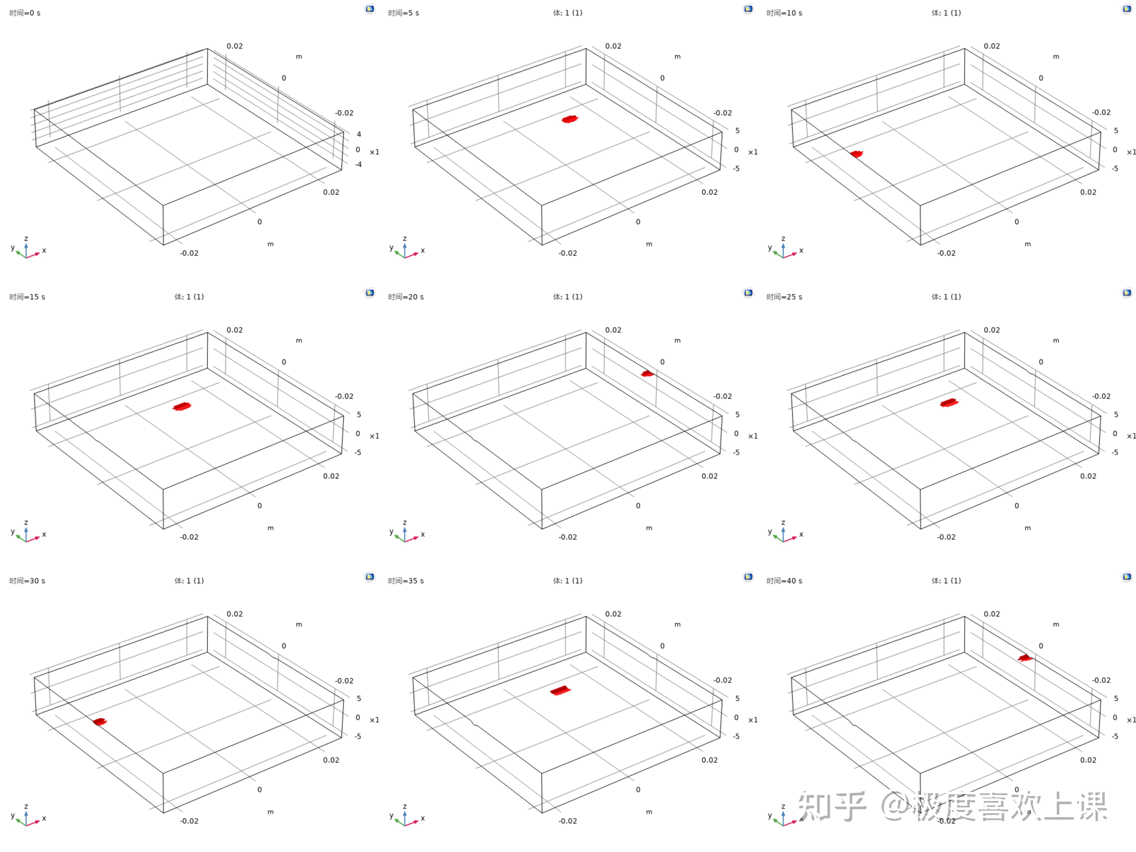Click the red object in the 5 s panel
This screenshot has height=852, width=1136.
[570, 119]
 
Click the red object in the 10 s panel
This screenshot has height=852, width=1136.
[856, 154]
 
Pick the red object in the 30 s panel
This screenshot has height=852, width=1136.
[100, 722]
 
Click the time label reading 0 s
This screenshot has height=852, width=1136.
[25, 13]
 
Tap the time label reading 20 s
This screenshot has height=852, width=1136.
[406, 297]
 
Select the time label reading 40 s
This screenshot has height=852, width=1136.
[784, 581]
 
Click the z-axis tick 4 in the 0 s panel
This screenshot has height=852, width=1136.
[359, 134]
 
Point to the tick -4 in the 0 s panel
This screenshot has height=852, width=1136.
[358, 164]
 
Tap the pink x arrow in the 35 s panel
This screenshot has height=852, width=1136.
[413, 823]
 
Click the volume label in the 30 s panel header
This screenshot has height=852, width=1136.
[189, 581]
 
